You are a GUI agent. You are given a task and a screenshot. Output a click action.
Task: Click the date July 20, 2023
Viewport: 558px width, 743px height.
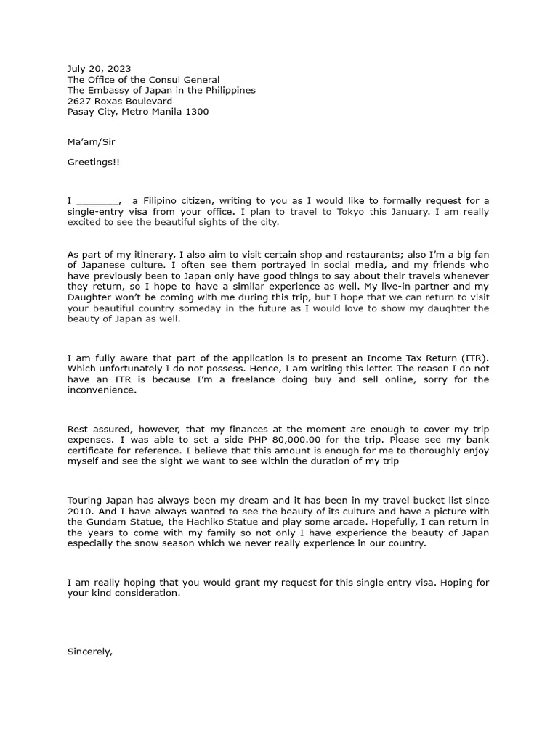(x=100, y=69)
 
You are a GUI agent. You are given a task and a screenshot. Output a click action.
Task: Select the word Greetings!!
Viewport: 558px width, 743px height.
(x=94, y=163)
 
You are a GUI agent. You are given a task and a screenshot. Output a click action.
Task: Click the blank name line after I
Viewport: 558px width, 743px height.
(x=97, y=201)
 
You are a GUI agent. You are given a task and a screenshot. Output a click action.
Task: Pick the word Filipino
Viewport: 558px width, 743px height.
(x=164, y=201)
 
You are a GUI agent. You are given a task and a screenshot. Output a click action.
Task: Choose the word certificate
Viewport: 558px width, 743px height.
(x=93, y=451)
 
